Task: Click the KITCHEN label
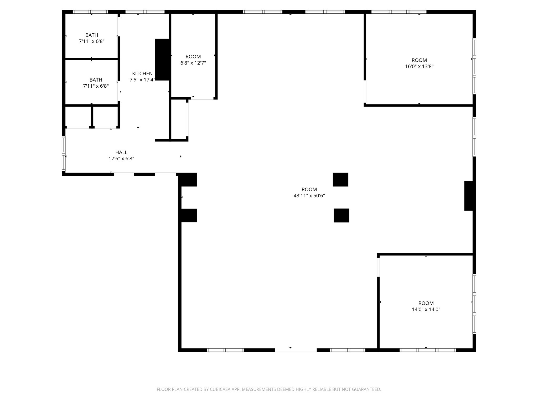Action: tap(142, 73)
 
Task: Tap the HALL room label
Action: tap(121, 152)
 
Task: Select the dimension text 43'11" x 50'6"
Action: tap(309, 195)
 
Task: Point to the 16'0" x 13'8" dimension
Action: tap(419, 66)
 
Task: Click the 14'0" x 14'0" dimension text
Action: tap(426, 309)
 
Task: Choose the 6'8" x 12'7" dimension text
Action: tap(193, 63)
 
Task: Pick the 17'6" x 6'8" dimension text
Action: tap(121, 158)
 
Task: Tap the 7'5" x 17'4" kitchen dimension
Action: tap(142, 80)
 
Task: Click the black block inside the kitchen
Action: tap(162, 60)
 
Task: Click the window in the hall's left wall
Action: tap(64, 153)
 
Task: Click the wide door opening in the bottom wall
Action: tap(296, 350)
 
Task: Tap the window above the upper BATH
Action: tap(90, 12)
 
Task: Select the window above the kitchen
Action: tap(145, 12)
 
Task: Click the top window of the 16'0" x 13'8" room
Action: tap(399, 12)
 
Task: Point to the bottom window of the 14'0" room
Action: tap(427, 350)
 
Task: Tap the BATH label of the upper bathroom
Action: tap(92, 35)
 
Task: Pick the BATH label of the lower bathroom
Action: tap(96, 80)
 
